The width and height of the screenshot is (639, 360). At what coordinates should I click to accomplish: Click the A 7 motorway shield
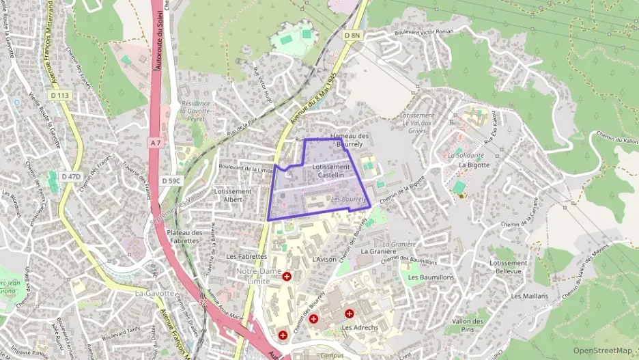[156, 143]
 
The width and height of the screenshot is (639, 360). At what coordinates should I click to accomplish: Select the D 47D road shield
[71, 176]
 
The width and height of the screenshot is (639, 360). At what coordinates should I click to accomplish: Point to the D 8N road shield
[352, 35]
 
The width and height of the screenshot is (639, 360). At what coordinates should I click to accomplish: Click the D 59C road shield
[171, 180]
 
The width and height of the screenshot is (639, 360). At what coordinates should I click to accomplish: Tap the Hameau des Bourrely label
[349, 140]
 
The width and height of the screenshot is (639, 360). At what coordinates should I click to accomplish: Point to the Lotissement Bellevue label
[509, 266]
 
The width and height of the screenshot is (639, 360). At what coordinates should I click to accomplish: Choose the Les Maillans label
[529, 296]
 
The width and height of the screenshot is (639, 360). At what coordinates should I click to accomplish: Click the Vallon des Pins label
[472, 325]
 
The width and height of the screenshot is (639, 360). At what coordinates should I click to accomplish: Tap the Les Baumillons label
[431, 277]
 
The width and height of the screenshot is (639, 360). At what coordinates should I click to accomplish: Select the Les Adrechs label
[359, 327]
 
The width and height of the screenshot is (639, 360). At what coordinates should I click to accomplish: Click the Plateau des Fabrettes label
[184, 236]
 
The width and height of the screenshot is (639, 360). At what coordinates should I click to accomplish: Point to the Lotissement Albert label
[233, 195]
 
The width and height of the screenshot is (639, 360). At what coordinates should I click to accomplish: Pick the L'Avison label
[324, 260]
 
